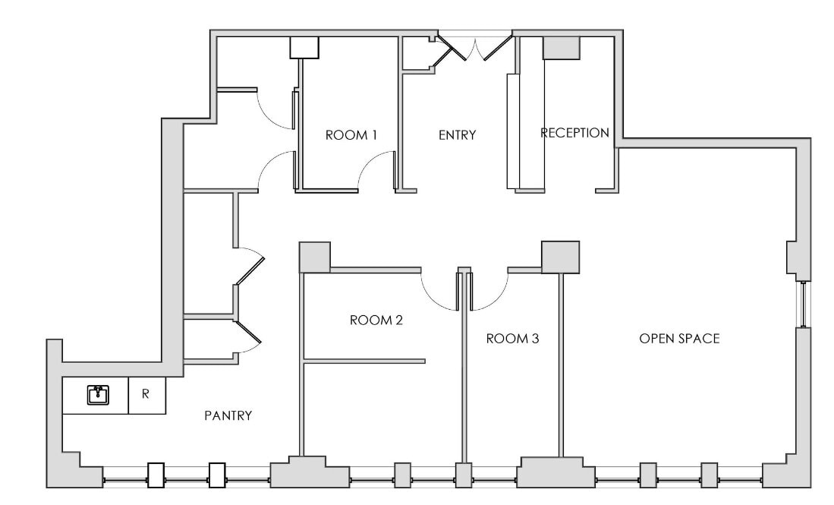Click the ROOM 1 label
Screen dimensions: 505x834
[x=351, y=135]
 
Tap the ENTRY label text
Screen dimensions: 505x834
[x=457, y=135]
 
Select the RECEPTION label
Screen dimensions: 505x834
[x=574, y=133]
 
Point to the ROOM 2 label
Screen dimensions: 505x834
[x=376, y=320]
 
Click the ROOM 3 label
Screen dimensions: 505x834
[x=512, y=339]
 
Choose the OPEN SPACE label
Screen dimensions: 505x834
[x=678, y=339]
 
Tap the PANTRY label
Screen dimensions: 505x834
[x=228, y=415]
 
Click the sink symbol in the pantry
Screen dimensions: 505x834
[x=97, y=395]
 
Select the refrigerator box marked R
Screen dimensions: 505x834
[x=146, y=395]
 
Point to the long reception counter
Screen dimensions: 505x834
[x=513, y=131]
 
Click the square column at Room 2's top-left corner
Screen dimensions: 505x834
[x=314, y=257]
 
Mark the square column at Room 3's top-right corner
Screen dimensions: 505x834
[x=560, y=257]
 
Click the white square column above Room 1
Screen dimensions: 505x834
[x=304, y=47]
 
